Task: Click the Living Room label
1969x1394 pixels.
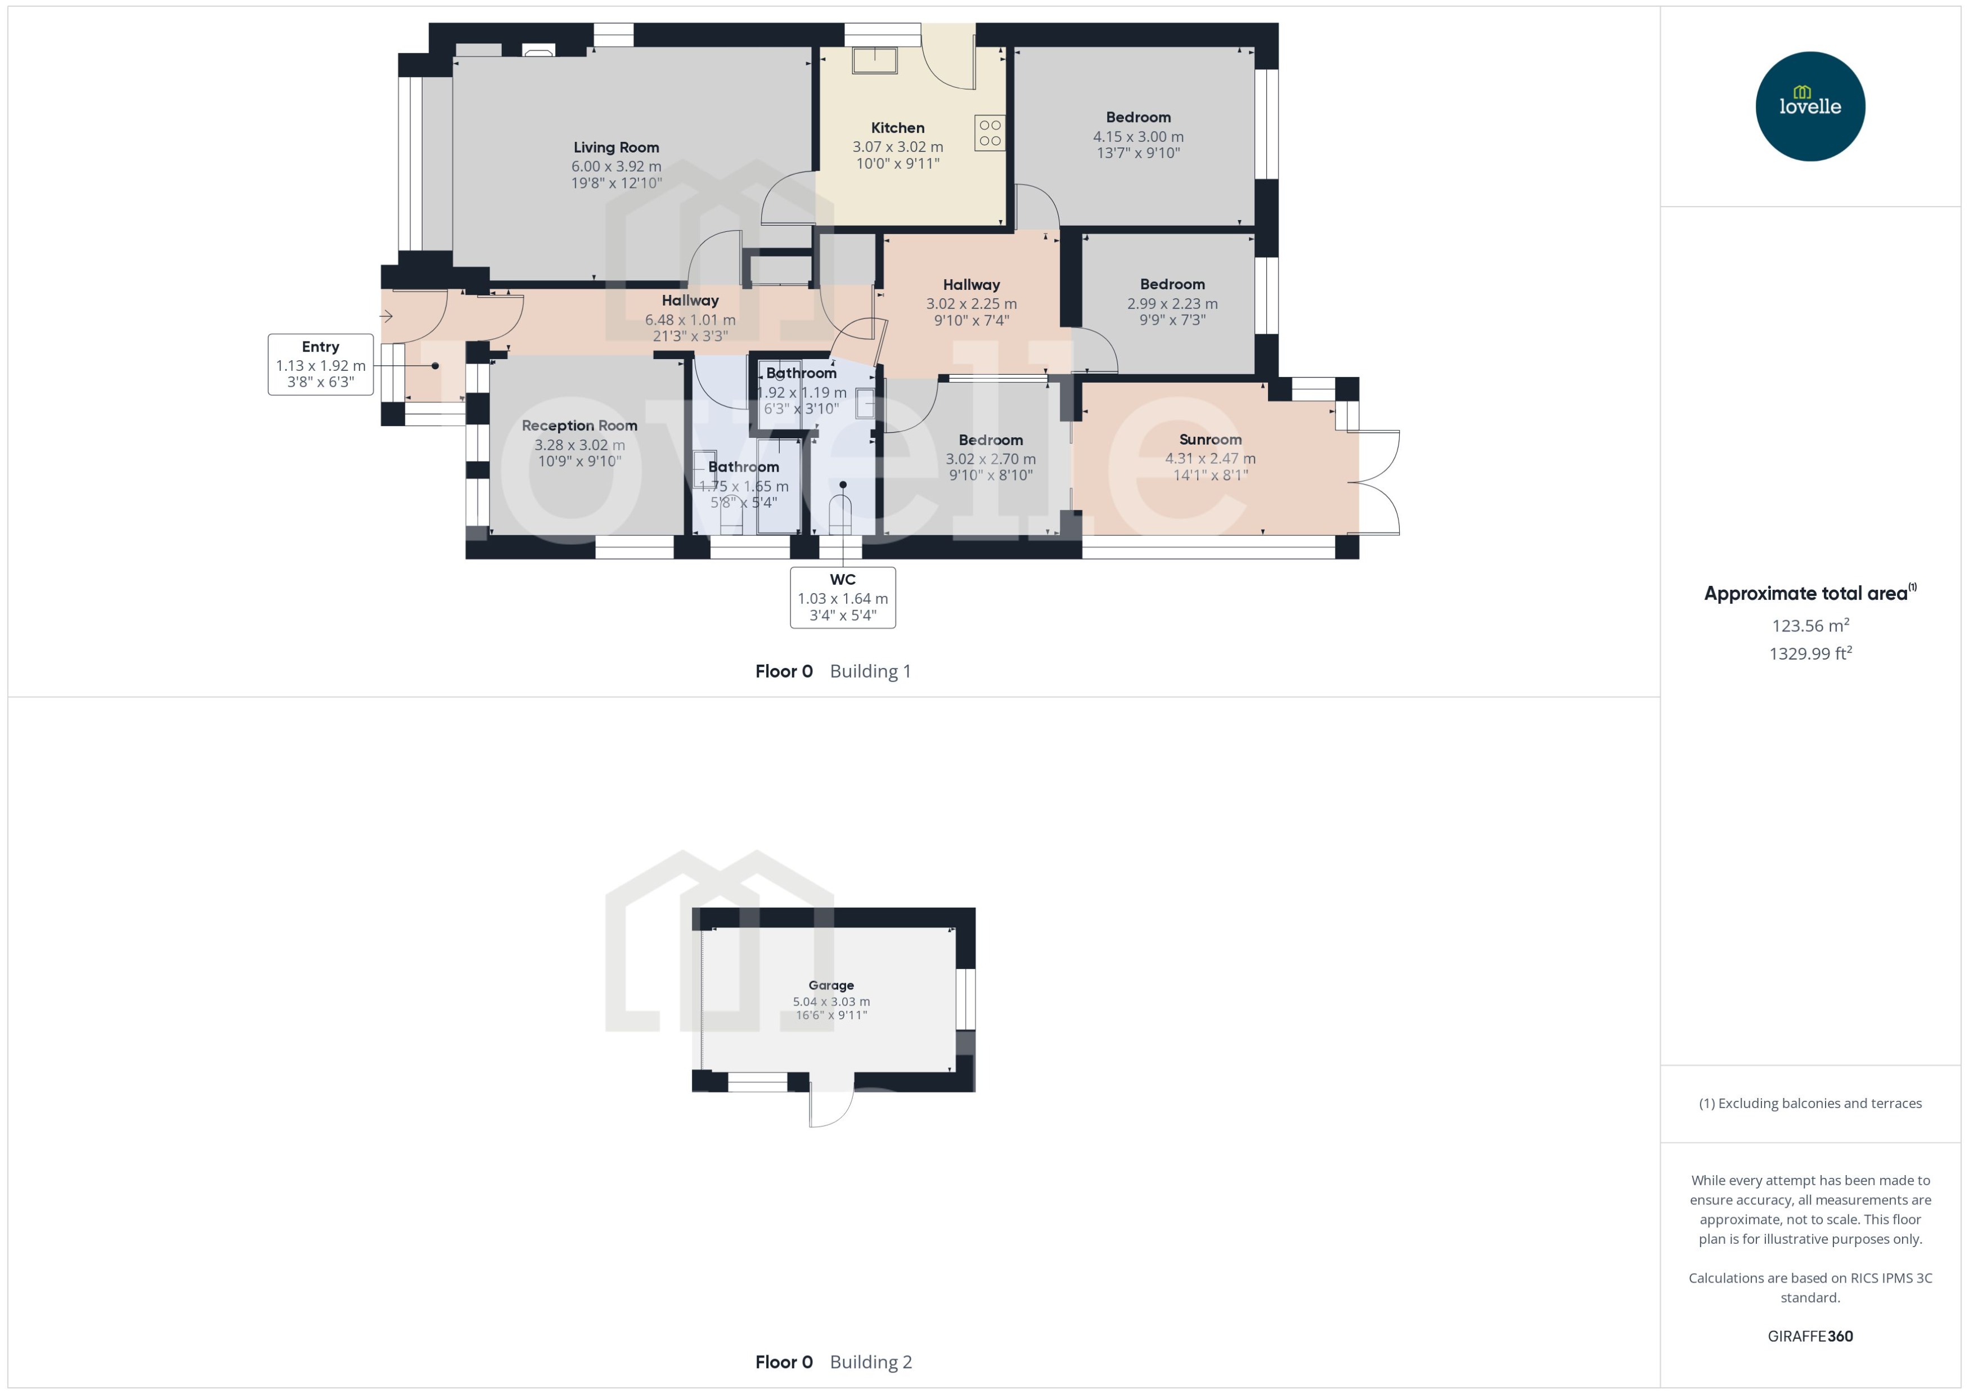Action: pyautogui.click(x=616, y=147)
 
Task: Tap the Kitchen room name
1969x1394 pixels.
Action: pyautogui.click(x=897, y=128)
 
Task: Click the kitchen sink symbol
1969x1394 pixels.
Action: pyautogui.click(x=874, y=60)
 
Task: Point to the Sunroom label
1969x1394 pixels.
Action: pyautogui.click(x=1210, y=440)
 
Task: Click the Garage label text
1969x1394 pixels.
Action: pyautogui.click(x=830, y=985)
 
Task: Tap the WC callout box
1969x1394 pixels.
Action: pyautogui.click(x=843, y=598)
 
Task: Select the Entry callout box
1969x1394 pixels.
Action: pyautogui.click(x=320, y=364)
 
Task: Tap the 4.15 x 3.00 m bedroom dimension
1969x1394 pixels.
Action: pyautogui.click(x=1138, y=137)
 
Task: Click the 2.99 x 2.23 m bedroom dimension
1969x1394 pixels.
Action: pyautogui.click(x=1172, y=304)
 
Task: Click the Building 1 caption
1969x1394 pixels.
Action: pyautogui.click(x=870, y=671)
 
